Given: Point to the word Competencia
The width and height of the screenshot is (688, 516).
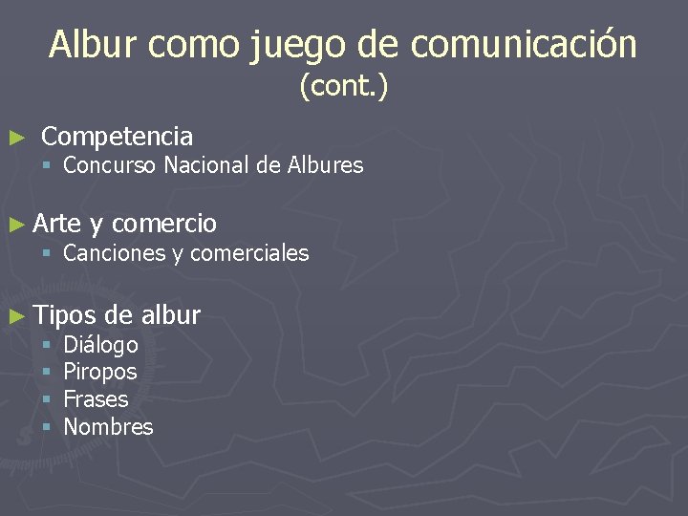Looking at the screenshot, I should coord(118,137).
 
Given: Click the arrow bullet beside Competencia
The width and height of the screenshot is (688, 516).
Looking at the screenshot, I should coord(14,138).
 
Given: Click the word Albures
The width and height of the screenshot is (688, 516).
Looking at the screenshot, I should coord(325,165).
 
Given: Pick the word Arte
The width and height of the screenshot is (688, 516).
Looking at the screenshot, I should coord(57,224).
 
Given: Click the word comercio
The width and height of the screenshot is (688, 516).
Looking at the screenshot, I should coord(164,225).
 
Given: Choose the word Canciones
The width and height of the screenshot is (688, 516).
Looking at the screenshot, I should coord(114,253).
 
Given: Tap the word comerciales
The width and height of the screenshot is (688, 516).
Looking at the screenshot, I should coord(249,253).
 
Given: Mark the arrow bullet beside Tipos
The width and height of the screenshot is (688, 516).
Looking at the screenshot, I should coord(14,314).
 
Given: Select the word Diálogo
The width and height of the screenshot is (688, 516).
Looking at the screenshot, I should coord(100,344).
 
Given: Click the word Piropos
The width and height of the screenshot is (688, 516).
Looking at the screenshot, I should coord(99,372).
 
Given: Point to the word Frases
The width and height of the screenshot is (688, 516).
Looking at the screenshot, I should coord(96,398).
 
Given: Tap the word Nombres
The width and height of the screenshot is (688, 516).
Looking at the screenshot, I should coord(108,426).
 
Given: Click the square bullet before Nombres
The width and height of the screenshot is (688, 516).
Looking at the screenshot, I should coord(46,426).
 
